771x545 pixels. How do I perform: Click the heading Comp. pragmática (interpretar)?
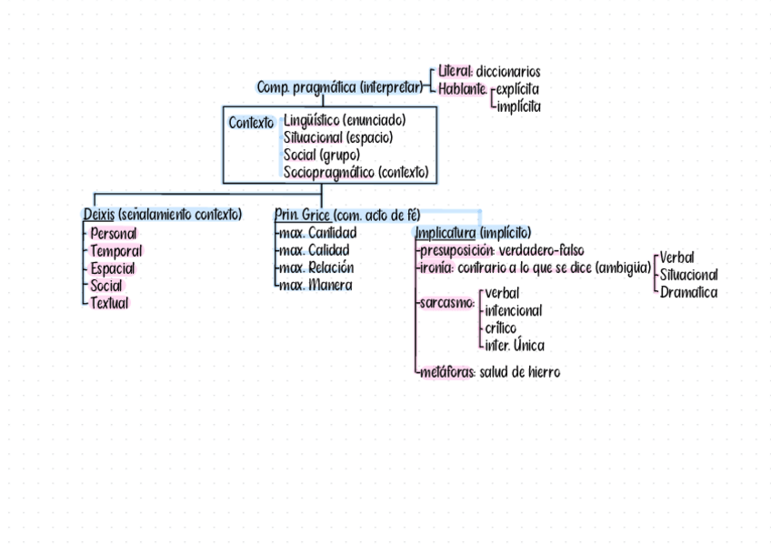[340, 88]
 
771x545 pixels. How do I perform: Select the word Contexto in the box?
[251, 123]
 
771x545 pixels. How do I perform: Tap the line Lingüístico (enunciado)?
[345, 120]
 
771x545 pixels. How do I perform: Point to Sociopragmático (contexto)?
[355, 172]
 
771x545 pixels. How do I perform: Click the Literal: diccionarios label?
[489, 71]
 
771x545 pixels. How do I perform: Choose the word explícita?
[517, 89]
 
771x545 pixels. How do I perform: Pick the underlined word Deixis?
[98, 215]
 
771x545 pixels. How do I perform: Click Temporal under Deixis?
[116, 250]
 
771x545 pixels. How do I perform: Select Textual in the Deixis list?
[110, 303]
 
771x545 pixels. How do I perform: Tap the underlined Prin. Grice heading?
[302, 215]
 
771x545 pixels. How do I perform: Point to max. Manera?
[315, 285]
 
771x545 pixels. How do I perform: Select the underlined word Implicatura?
[445, 233]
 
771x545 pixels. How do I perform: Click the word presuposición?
[456, 250]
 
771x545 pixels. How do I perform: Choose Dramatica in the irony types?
[688, 292]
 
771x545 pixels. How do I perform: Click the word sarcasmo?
[446, 302]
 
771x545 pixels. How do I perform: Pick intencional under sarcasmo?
[514, 310]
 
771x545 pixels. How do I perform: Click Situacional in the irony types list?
[689, 275]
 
